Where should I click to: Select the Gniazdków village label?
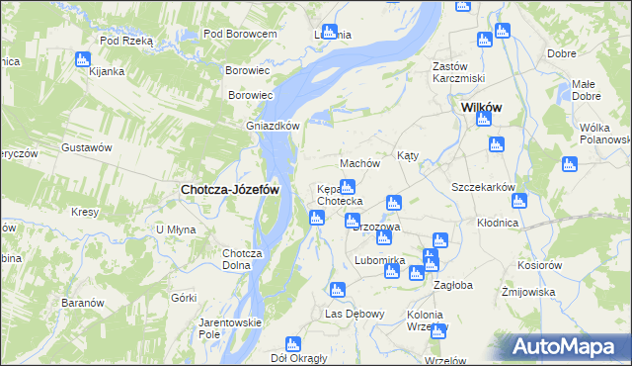pyautogui.click(x=273, y=127)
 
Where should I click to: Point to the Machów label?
pyautogui.click(x=359, y=163)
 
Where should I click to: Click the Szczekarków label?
pyautogui.click(x=484, y=187)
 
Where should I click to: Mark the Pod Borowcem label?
pyautogui.click(x=239, y=34)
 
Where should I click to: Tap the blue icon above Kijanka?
pyautogui.click(x=82, y=58)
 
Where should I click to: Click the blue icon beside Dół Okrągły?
pyautogui.click(x=292, y=344)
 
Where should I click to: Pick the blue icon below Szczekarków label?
pyautogui.click(x=519, y=201)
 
